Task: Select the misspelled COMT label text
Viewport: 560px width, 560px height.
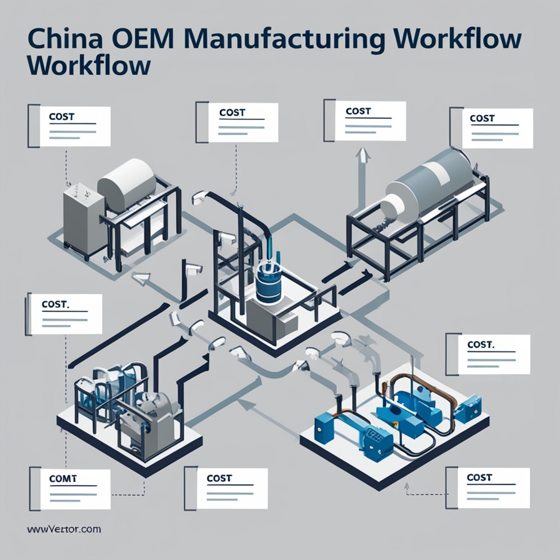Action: click(62, 478)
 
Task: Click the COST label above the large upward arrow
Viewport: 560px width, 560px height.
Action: click(358, 111)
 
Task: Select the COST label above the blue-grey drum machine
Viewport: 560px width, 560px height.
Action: click(482, 118)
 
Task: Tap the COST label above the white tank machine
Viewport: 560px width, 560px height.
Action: click(61, 116)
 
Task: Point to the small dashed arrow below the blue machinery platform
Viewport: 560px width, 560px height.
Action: click(407, 486)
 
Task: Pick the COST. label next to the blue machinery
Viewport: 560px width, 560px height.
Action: click(481, 344)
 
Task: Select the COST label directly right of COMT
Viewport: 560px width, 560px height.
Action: click(219, 478)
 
